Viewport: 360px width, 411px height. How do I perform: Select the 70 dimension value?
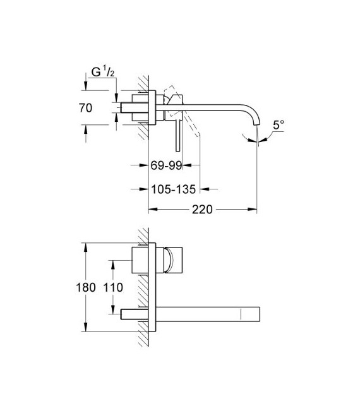pyautogui.click(x=86, y=108)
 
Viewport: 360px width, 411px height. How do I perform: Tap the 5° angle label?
pyautogui.click(x=279, y=125)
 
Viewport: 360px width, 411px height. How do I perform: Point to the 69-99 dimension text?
pyautogui.click(x=166, y=166)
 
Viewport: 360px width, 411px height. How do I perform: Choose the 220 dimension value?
pyautogui.click(x=202, y=209)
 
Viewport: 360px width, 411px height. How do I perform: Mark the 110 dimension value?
pyautogui.click(x=113, y=287)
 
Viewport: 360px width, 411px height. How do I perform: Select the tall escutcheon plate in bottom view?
pyautogui.click(x=152, y=287)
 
